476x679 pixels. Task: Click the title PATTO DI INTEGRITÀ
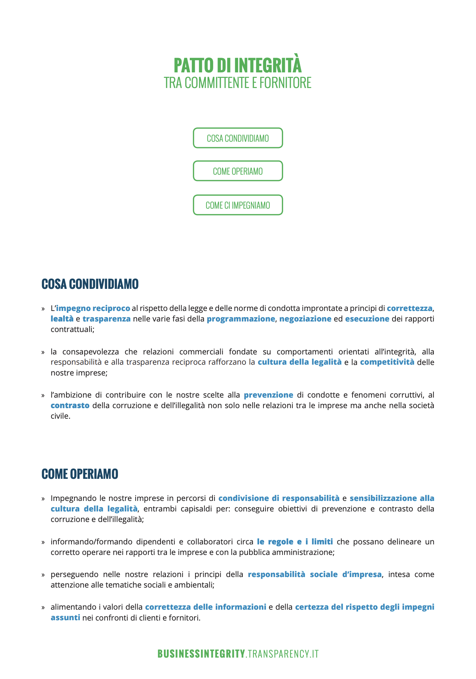(x=238, y=65)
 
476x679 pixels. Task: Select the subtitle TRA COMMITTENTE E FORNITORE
(x=238, y=83)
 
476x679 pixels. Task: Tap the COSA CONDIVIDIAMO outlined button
(x=238, y=138)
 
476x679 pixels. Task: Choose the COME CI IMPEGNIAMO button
(x=238, y=205)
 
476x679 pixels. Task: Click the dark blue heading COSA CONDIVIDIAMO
(x=90, y=284)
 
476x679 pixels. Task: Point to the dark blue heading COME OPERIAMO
(x=80, y=474)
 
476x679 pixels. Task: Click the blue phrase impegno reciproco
(x=93, y=308)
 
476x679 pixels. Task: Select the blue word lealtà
(x=62, y=319)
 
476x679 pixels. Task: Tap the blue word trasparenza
(x=106, y=319)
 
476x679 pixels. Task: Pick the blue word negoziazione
(x=305, y=319)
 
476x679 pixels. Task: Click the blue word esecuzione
(x=367, y=319)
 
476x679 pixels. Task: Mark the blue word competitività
(x=387, y=362)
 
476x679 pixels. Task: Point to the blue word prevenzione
(x=269, y=395)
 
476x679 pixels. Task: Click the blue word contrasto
(x=70, y=405)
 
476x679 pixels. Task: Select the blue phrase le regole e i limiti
(x=295, y=541)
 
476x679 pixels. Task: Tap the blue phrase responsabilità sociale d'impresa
(x=314, y=574)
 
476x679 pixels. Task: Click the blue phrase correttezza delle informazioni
(x=206, y=607)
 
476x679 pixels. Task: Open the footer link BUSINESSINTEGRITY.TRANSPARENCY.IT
(x=238, y=654)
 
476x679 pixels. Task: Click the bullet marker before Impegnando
(x=43, y=499)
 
